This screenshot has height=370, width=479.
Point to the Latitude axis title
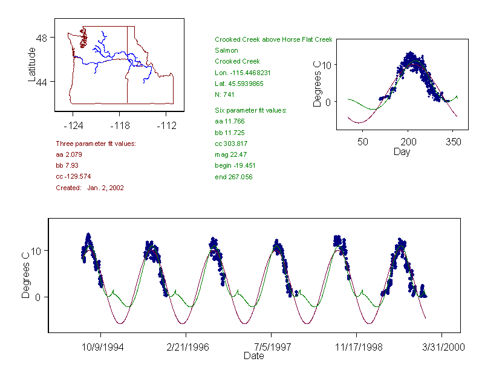click(32, 64)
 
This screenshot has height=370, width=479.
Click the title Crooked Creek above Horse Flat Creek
click(273, 40)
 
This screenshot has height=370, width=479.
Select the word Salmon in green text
click(226, 50)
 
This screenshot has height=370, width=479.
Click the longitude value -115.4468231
click(243, 73)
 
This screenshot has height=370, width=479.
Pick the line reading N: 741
click(225, 94)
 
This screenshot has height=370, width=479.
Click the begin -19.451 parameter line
click(235, 165)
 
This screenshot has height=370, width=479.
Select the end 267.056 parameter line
click(233, 177)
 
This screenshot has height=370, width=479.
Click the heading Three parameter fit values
click(96, 144)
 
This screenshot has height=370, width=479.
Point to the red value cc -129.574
click(77, 176)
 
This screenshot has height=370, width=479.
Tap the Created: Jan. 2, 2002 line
click(90, 188)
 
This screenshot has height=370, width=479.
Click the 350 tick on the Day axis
click(454, 142)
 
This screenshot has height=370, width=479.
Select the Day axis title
click(402, 152)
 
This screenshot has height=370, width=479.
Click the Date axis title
click(253, 356)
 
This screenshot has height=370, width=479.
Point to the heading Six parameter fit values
click(250, 110)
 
